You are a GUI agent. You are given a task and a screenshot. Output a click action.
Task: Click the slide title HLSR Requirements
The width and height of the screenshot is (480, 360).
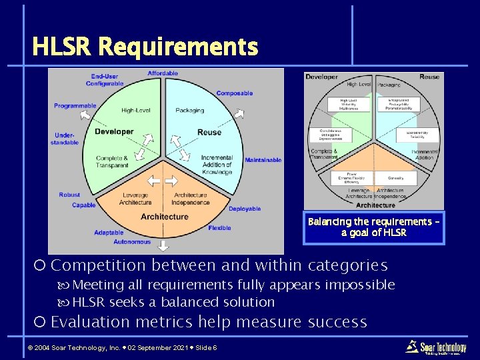coord(145,47)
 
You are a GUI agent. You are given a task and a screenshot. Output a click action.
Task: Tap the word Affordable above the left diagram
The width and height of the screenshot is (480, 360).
coord(163,73)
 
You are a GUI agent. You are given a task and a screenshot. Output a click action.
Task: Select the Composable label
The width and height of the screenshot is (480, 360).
coord(234,93)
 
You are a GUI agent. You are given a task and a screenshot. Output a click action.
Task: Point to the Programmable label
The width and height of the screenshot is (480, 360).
coord(75,106)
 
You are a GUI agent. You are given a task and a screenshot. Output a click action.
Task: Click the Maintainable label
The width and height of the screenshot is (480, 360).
coord(263,160)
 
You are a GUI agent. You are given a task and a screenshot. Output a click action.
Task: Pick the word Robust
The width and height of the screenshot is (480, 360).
coord(69,195)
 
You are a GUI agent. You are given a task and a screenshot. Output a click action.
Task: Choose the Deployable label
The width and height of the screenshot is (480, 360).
coord(245,209)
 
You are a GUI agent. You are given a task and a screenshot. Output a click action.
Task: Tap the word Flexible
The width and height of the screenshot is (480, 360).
coord(219,228)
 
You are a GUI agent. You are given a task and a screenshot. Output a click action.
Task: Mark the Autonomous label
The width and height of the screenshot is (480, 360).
coord(132,242)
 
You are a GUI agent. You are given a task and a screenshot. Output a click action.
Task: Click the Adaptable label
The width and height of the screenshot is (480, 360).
coord(109,233)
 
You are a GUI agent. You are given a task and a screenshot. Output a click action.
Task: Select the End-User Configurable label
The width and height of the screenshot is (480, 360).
coord(105,80)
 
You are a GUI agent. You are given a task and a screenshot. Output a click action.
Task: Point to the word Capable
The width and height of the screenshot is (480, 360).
coord(84,205)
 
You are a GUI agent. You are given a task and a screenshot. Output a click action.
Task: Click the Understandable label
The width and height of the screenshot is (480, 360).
coord(67,139)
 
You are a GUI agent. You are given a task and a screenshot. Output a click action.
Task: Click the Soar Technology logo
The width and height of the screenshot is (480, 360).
coord(437,347)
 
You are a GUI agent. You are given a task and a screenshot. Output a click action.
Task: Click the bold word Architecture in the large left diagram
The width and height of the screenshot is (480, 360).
coord(164,217)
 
